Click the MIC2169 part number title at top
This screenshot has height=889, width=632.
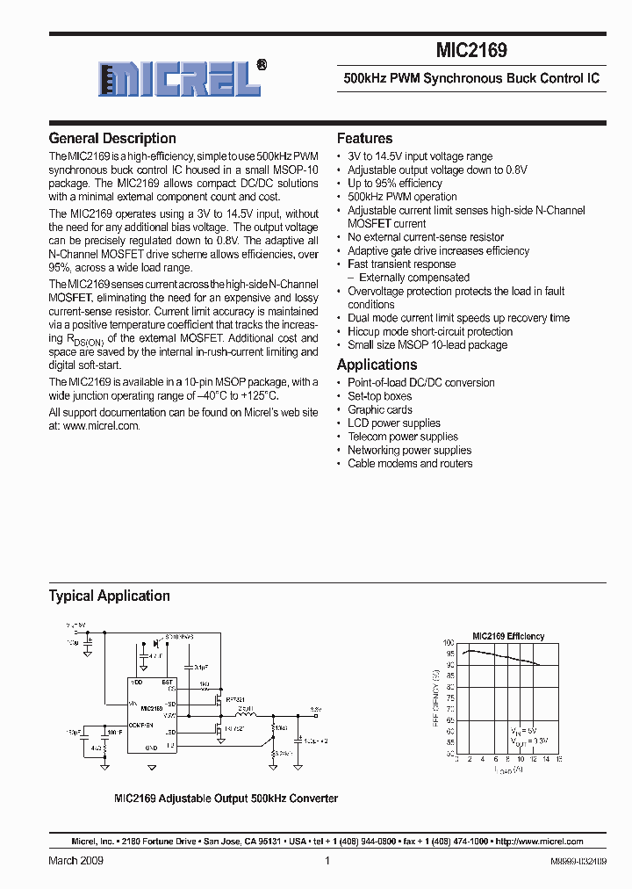[x=471, y=52]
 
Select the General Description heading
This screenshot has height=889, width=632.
[x=112, y=139]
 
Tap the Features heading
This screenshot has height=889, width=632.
[x=364, y=139]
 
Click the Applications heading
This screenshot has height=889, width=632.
[x=377, y=365]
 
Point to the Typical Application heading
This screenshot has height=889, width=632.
[x=109, y=596]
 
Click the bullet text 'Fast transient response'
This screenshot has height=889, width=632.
[x=401, y=264]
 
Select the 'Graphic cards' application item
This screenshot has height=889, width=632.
[x=379, y=410]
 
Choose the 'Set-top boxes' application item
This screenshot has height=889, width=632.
[x=379, y=396]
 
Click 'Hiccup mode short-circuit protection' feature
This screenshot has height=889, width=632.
[x=429, y=332]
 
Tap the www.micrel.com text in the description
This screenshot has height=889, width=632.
[x=101, y=425]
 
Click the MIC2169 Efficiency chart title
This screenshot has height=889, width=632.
[x=507, y=636]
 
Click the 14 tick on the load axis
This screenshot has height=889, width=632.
[x=545, y=759]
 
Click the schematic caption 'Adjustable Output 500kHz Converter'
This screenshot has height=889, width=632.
[x=226, y=799]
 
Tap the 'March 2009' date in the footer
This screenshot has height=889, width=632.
[x=75, y=861]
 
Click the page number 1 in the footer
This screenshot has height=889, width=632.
[x=327, y=861]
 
